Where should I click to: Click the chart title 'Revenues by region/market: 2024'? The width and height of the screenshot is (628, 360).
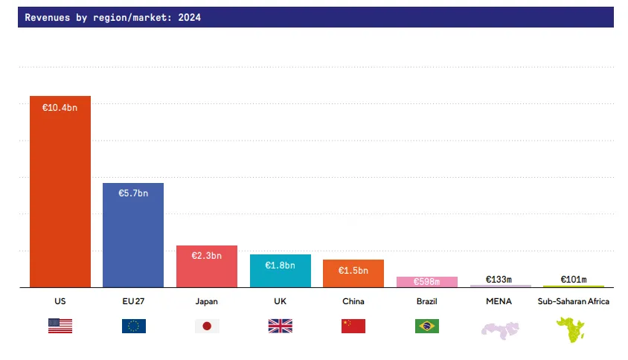[113, 17]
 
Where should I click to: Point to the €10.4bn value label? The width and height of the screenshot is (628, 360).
[60, 108]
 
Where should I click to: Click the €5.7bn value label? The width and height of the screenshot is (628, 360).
[133, 193]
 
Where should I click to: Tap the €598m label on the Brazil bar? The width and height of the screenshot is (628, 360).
[426, 282]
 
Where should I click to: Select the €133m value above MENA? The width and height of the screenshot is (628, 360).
[499, 280]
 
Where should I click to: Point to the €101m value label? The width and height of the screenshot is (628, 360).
[573, 280]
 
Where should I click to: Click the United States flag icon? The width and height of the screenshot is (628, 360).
[60, 326]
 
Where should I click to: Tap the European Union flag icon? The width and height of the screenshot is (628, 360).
[134, 326]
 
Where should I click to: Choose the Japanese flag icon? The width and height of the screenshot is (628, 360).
[207, 326]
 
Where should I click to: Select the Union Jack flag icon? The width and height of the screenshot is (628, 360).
[281, 326]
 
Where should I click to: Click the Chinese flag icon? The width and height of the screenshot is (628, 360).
[353, 326]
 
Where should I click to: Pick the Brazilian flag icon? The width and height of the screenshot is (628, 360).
[427, 326]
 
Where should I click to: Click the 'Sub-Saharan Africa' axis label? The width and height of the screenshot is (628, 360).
[573, 301]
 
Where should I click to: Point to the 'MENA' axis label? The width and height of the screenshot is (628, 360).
[500, 301]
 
